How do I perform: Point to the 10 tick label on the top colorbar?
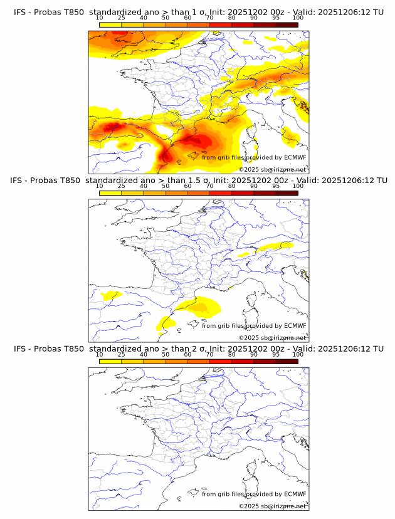point(100,18)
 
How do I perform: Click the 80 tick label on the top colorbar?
point(232,18)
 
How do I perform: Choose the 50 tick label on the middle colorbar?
point(166,186)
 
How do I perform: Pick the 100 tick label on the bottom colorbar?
point(297,355)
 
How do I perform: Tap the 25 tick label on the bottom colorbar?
point(122,355)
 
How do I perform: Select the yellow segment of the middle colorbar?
point(110,193)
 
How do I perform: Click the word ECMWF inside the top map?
point(295,157)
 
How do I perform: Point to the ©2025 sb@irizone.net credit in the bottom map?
point(272,506)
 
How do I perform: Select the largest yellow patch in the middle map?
point(199,307)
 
